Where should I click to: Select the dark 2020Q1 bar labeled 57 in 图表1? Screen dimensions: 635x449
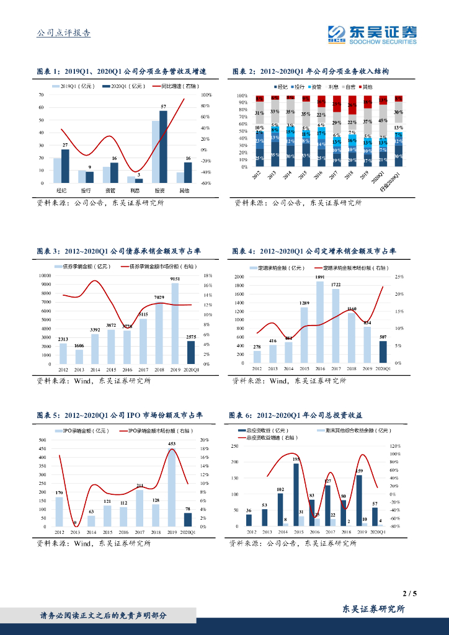point(163,146)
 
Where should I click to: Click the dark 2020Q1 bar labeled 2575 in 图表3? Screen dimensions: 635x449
point(191,352)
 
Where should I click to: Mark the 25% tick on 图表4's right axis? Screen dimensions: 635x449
point(399,277)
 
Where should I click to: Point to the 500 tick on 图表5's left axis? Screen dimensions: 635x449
point(43,440)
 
